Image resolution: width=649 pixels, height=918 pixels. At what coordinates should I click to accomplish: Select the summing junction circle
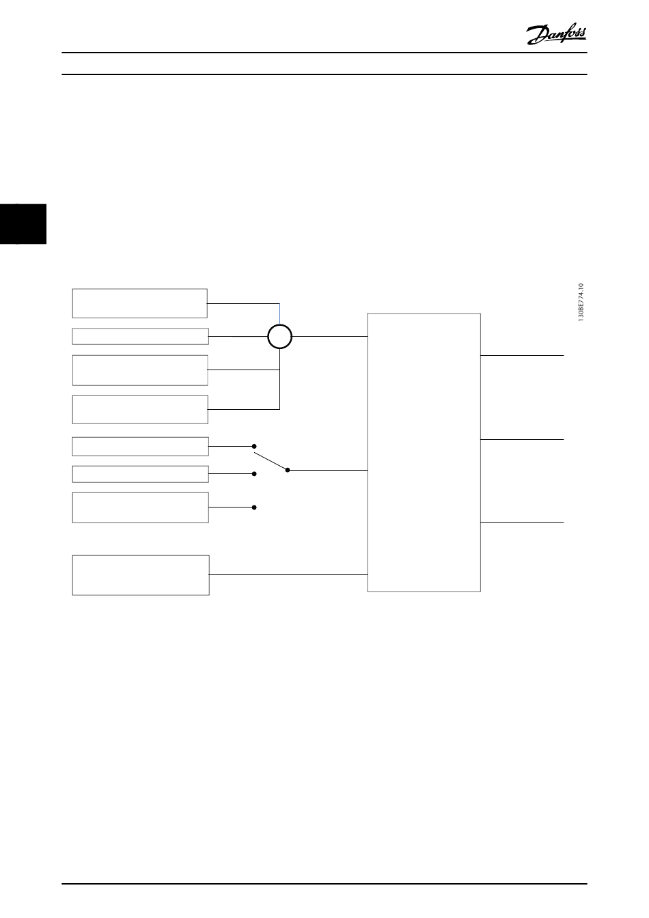click(279, 337)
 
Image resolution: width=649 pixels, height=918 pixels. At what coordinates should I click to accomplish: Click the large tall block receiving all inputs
click(424, 452)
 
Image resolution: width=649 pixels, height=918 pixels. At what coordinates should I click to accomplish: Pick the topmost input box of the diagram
click(139, 303)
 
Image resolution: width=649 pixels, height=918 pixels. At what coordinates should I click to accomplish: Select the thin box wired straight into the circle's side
click(140, 336)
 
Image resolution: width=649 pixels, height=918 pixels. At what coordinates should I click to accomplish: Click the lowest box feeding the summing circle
click(140, 409)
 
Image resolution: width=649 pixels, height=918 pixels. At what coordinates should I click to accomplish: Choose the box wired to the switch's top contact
click(140, 446)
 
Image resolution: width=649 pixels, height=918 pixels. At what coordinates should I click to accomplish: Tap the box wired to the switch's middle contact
click(140, 474)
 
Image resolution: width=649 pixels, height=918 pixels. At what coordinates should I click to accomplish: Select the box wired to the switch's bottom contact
click(140, 507)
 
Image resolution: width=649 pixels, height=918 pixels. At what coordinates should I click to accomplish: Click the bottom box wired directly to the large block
click(140, 575)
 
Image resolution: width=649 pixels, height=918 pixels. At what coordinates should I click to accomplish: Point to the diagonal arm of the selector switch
click(271, 461)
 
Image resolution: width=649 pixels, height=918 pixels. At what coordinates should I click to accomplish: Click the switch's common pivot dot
click(288, 470)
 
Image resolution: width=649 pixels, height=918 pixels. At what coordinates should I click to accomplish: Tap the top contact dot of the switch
click(254, 446)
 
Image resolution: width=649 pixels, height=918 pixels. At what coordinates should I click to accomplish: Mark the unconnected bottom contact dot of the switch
click(254, 507)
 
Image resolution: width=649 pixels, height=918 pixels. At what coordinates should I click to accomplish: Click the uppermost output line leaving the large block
click(522, 356)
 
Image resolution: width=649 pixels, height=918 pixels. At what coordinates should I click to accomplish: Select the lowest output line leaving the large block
click(522, 522)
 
